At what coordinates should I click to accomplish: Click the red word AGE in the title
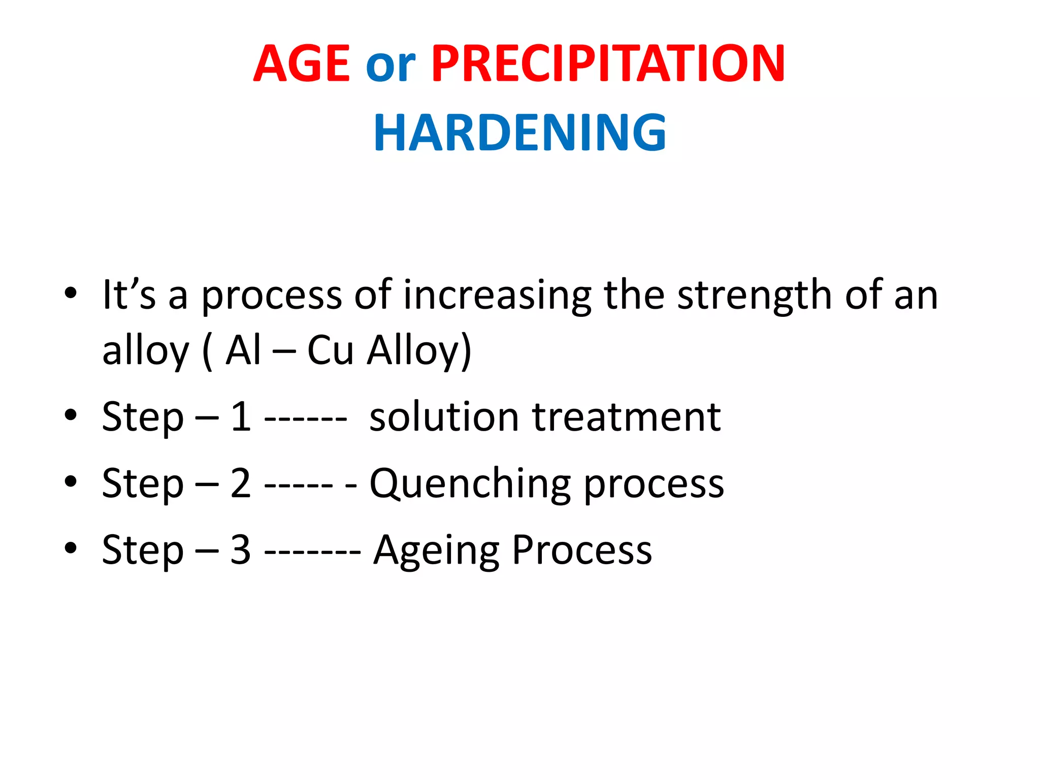(x=302, y=64)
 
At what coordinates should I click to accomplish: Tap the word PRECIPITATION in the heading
(x=608, y=64)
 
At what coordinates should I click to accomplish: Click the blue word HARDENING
(x=519, y=133)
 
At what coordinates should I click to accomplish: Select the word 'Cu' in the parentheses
(x=330, y=350)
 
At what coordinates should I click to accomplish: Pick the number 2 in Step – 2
(x=241, y=483)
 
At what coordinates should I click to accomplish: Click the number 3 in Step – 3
(x=241, y=550)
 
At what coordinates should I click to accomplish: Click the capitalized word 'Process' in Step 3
(x=582, y=550)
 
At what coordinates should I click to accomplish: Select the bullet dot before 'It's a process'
(x=71, y=293)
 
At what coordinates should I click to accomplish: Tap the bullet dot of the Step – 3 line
(x=71, y=548)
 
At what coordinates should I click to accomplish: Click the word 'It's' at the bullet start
(x=128, y=295)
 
